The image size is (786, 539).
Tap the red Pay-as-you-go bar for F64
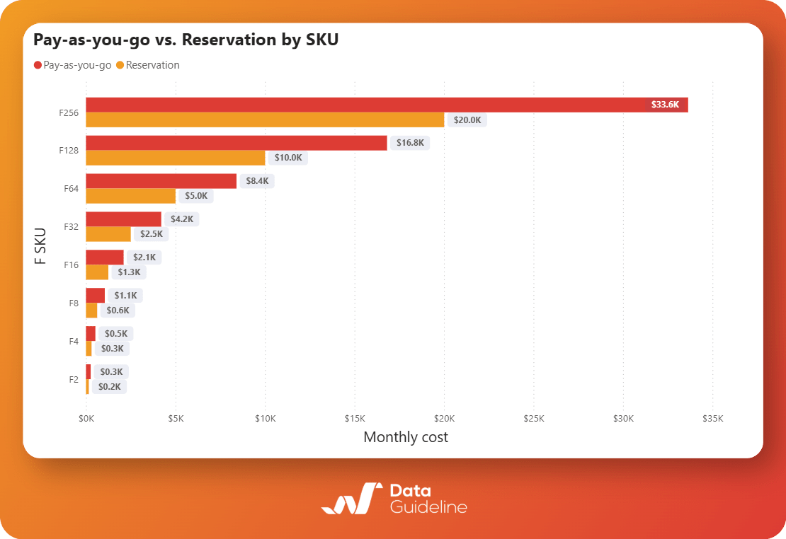161,181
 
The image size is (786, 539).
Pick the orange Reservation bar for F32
108,234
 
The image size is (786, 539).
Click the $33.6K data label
665,105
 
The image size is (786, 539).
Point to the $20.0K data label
467,120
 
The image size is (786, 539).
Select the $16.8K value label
410,143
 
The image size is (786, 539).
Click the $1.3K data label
130,272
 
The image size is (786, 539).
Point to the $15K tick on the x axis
355,418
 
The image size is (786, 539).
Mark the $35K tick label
712,418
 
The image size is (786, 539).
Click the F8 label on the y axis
74,303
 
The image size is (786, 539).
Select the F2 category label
74,379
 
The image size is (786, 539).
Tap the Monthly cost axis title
406,437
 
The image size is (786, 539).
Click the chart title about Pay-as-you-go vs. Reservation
186,40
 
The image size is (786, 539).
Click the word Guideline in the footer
428,507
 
